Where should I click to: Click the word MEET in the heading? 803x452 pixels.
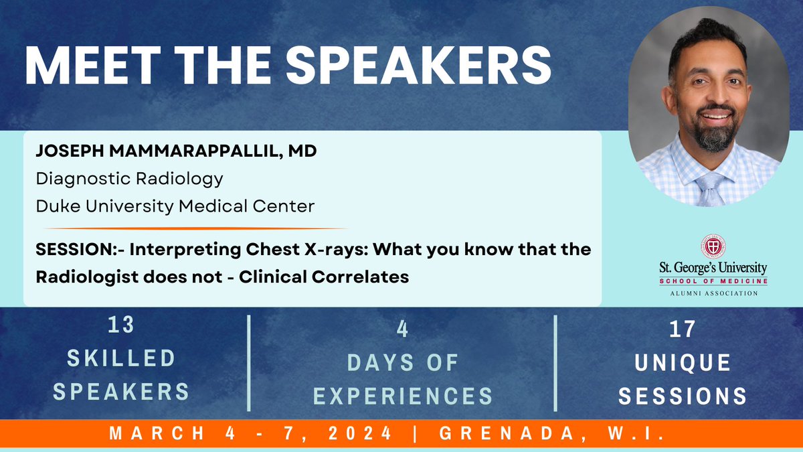[x=92, y=66]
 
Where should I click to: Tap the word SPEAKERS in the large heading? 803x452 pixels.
[x=418, y=66]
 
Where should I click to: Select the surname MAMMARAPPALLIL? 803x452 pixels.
[x=193, y=151]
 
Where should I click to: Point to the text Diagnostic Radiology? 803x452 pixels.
[x=129, y=179]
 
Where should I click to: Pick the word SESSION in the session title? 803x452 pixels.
[x=74, y=249]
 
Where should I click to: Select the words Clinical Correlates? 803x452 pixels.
[x=324, y=277]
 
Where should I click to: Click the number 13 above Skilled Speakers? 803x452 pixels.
[x=121, y=325]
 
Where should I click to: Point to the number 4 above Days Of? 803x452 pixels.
[x=402, y=329]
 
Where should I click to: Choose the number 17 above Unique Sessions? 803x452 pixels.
[x=683, y=329]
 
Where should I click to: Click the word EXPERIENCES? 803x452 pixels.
[x=403, y=396]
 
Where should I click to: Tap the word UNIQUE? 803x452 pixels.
[x=683, y=363]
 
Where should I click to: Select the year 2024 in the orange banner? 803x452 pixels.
[x=360, y=433]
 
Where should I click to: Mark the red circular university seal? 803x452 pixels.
[x=713, y=246]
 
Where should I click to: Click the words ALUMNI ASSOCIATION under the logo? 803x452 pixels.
[x=714, y=293]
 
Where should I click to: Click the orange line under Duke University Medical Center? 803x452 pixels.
[x=195, y=228]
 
